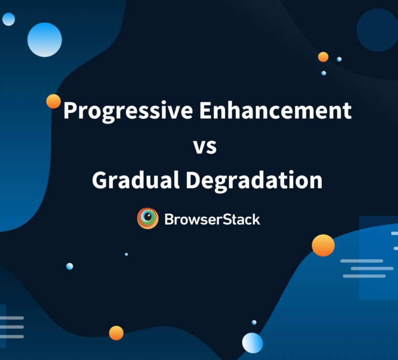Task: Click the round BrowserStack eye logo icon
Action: [148, 219]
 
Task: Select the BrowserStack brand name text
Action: [212, 219]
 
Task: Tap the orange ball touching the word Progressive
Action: [53, 101]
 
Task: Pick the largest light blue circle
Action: [45, 39]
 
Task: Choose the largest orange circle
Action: [323, 245]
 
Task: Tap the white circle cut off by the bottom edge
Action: [252, 343]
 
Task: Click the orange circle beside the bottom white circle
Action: [116, 333]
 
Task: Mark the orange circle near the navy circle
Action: [323, 57]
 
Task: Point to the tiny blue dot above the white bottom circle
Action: [254, 322]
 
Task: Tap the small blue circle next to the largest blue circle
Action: [9, 20]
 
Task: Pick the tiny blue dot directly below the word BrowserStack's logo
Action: [126, 254]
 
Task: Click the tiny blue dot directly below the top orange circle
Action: [323, 73]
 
